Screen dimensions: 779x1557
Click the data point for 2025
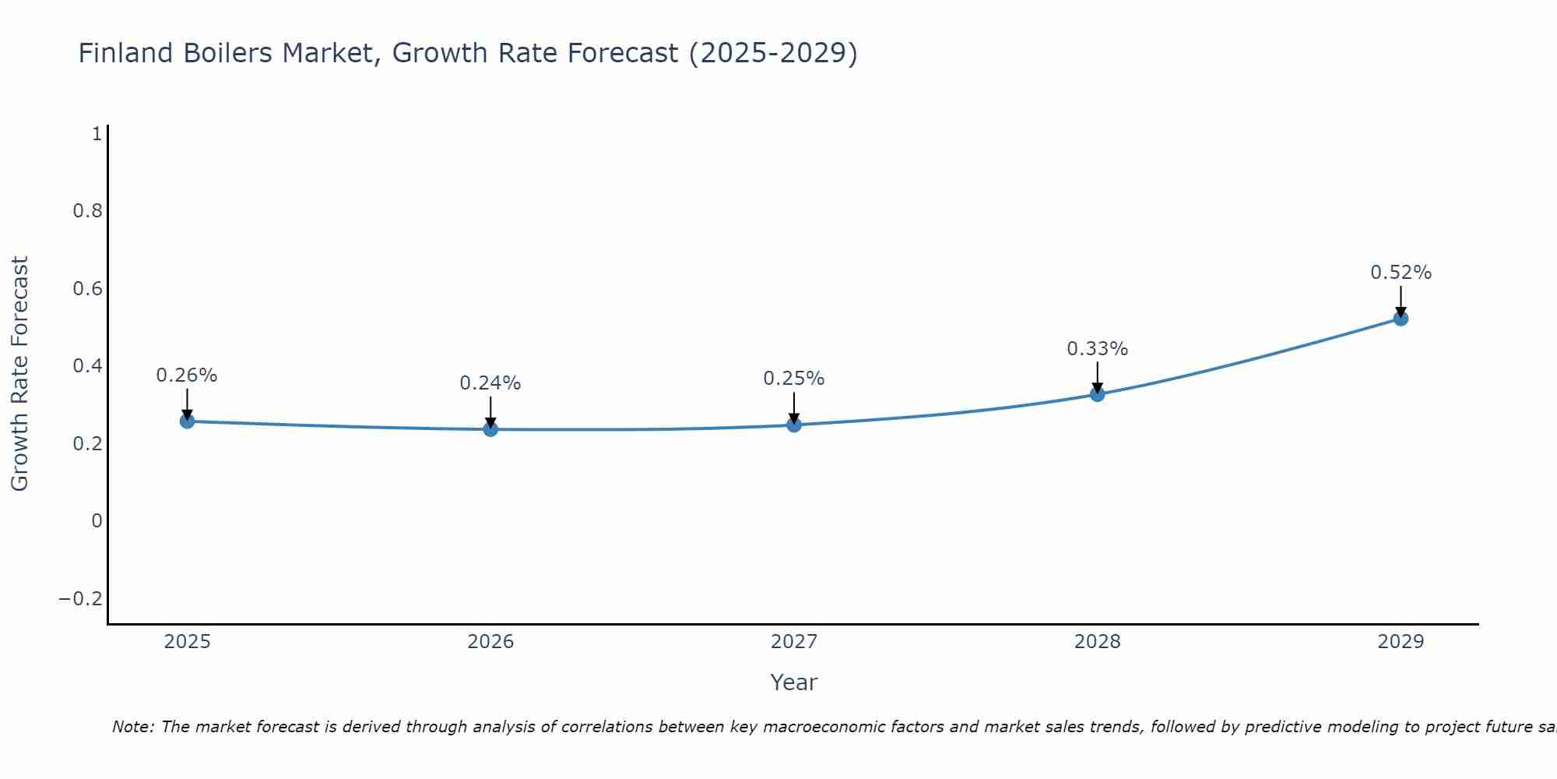pos(187,421)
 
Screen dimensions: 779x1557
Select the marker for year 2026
pos(490,429)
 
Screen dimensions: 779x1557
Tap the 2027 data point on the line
pos(794,425)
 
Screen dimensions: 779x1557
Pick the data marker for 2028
pos(1097,394)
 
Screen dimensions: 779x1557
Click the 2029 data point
pos(1401,319)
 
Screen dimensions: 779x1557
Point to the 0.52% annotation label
pos(1401,273)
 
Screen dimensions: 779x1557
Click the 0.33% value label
pos(1097,349)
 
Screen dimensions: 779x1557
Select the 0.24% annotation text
pos(490,383)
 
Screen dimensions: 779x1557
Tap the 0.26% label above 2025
pos(187,375)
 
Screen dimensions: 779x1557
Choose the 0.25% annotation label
pos(794,379)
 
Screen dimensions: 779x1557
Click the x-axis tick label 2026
pos(490,642)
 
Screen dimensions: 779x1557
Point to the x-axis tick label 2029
pos(1401,642)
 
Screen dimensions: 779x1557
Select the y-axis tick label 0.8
pos(87,211)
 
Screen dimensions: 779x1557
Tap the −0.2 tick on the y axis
pos(81,599)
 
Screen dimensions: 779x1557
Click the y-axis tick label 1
pos(97,134)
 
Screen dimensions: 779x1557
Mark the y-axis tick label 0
pos(97,521)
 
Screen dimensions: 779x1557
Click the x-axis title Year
pos(793,683)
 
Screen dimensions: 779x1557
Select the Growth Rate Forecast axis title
pos(20,374)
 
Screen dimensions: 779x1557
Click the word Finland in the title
pos(125,54)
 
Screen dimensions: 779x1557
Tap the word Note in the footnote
pos(132,728)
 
